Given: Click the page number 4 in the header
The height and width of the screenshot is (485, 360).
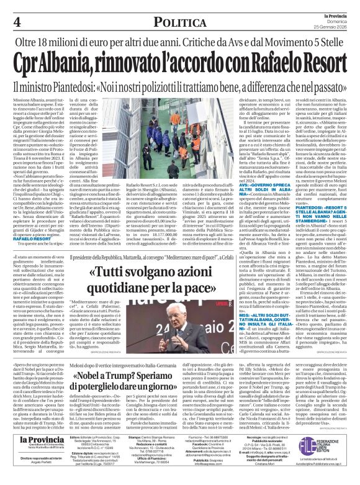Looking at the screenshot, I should pos(17,22).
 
